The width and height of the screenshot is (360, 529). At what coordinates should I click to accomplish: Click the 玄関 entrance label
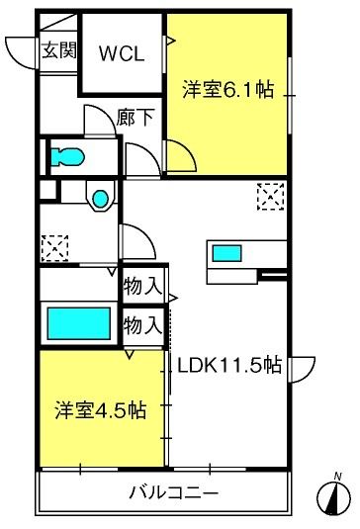click(59, 50)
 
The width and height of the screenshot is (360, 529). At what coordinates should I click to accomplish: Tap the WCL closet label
click(122, 53)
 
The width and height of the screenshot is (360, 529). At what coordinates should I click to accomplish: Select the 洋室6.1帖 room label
click(228, 89)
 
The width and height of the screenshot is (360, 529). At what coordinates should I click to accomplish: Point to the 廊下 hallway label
click(135, 118)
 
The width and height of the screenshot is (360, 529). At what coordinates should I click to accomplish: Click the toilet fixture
click(67, 156)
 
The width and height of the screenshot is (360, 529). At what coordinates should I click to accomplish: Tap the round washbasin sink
click(101, 199)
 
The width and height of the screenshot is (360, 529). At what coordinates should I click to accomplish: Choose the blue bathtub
click(78, 323)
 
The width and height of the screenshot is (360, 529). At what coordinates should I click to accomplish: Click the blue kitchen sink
click(226, 253)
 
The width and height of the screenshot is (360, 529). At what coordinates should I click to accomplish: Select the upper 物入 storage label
click(142, 287)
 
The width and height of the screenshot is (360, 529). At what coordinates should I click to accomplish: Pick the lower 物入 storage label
click(142, 325)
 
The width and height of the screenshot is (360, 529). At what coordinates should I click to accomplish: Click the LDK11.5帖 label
click(229, 365)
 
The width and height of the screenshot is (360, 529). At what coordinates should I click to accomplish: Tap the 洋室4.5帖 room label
click(101, 410)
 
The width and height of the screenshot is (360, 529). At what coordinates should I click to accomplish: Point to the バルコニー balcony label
click(174, 492)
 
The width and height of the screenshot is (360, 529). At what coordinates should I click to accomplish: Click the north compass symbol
click(333, 498)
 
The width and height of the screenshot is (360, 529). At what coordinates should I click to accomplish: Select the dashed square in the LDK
click(270, 197)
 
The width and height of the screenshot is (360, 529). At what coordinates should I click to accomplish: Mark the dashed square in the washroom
click(54, 248)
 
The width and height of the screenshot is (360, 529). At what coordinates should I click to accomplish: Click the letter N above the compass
click(337, 477)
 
